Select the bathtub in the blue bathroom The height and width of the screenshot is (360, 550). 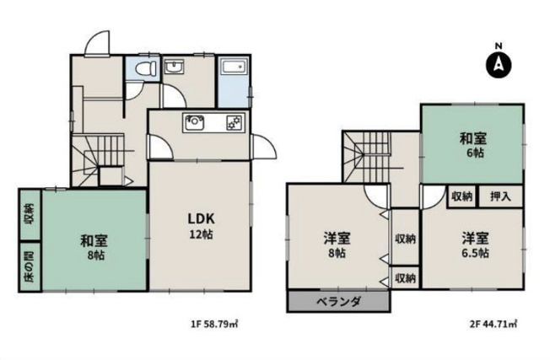tap(231, 69)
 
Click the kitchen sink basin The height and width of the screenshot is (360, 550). tap(194, 123)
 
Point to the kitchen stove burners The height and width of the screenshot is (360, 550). tap(232, 124)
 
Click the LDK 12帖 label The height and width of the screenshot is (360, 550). tap(200, 224)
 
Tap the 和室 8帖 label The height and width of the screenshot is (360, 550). tap(94, 245)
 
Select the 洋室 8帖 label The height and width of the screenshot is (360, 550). tap(337, 244)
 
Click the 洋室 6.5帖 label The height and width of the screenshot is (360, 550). tap(473, 244)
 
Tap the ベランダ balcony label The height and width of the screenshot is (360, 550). tap(338, 302)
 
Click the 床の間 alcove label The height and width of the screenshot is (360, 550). tap(28, 266)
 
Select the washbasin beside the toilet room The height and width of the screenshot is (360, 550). tap(175, 67)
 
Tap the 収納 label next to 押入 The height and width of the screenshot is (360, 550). tap(461, 196)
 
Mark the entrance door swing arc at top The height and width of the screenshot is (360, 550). tap(99, 41)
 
